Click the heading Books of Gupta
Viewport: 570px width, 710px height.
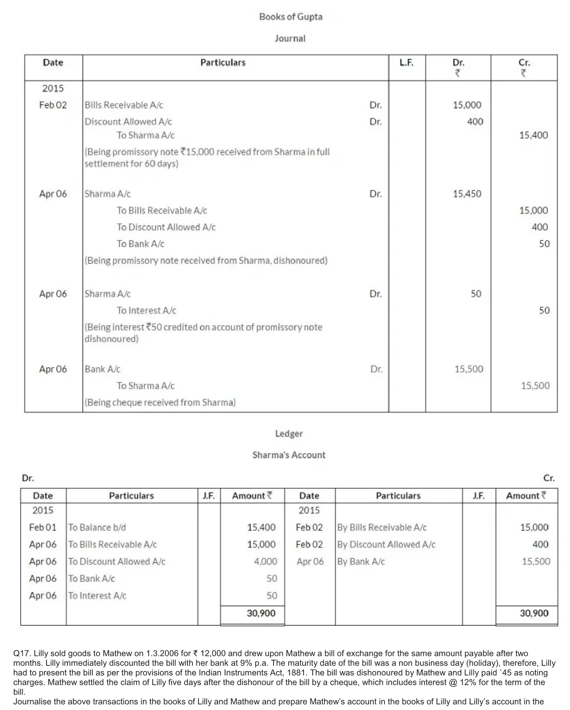pyautogui.click(x=290, y=17)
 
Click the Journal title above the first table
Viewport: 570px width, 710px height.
pyautogui.click(x=290, y=39)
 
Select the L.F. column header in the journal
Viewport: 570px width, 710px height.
pyautogui.click(x=406, y=62)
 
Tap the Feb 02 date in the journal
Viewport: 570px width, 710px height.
pyautogui.click(x=53, y=105)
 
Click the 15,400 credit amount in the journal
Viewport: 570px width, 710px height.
pyautogui.click(x=533, y=135)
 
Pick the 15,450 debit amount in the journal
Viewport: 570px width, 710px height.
pyautogui.click(x=467, y=194)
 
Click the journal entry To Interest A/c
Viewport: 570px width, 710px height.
pyautogui.click(x=146, y=311)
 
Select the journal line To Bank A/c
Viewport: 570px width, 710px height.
pyautogui.click(x=140, y=244)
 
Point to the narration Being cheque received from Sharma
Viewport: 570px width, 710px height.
pyautogui.click(x=160, y=402)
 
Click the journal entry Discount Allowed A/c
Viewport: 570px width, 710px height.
pyautogui.click(x=128, y=122)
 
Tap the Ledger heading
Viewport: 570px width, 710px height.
pyautogui.click(x=289, y=434)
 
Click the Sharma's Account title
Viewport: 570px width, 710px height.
pyautogui.click(x=289, y=455)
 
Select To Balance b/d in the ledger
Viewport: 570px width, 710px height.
pyautogui.click(x=97, y=527)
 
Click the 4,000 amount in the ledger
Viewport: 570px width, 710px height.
pyautogui.click(x=265, y=561)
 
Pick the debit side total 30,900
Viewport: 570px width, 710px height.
pyautogui.click(x=261, y=613)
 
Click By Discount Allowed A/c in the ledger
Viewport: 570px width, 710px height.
pyautogui.click(x=386, y=544)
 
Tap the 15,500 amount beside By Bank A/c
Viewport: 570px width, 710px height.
pyautogui.click(x=536, y=561)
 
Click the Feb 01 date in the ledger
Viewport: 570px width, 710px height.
pyautogui.click(x=43, y=527)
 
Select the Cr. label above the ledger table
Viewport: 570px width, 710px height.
pyautogui.click(x=549, y=478)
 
